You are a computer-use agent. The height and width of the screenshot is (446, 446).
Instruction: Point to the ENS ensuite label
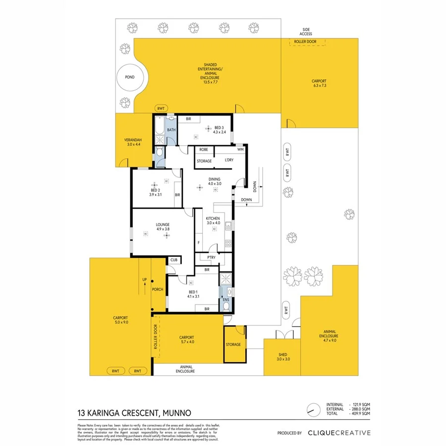click(x=225, y=300)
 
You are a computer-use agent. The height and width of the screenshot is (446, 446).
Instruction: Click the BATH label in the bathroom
click(x=171, y=130)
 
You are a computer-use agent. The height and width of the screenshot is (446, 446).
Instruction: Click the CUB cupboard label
click(x=174, y=260)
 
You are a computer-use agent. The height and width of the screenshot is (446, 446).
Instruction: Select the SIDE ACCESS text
click(x=306, y=31)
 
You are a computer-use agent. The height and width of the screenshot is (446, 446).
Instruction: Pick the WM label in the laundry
click(x=240, y=149)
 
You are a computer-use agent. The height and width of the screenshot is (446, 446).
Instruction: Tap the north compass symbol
click(x=311, y=409)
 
